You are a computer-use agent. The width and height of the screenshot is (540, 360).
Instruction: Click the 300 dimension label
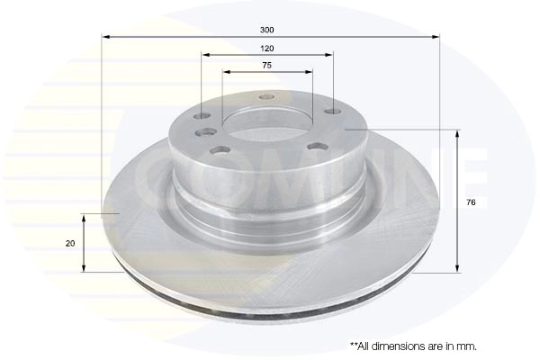(x=267, y=30)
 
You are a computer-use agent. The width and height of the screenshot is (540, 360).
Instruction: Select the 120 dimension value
(x=267, y=49)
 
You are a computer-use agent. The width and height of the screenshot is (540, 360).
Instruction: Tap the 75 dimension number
(x=267, y=65)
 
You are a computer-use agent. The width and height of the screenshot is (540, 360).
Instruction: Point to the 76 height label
(x=471, y=202)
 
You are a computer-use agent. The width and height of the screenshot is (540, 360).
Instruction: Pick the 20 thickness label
(x=70, y=244)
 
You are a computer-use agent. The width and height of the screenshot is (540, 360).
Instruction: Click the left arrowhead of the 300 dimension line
(x=105, y=37)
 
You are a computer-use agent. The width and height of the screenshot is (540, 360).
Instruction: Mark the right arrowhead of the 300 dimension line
(x=436, y=37)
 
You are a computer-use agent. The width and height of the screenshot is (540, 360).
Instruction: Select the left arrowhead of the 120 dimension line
(x=205, y=55)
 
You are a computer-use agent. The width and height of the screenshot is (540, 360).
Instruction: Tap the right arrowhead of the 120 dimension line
(x=329, y=55)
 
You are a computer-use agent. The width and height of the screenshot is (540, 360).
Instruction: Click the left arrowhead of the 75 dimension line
(x=226, y=72)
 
